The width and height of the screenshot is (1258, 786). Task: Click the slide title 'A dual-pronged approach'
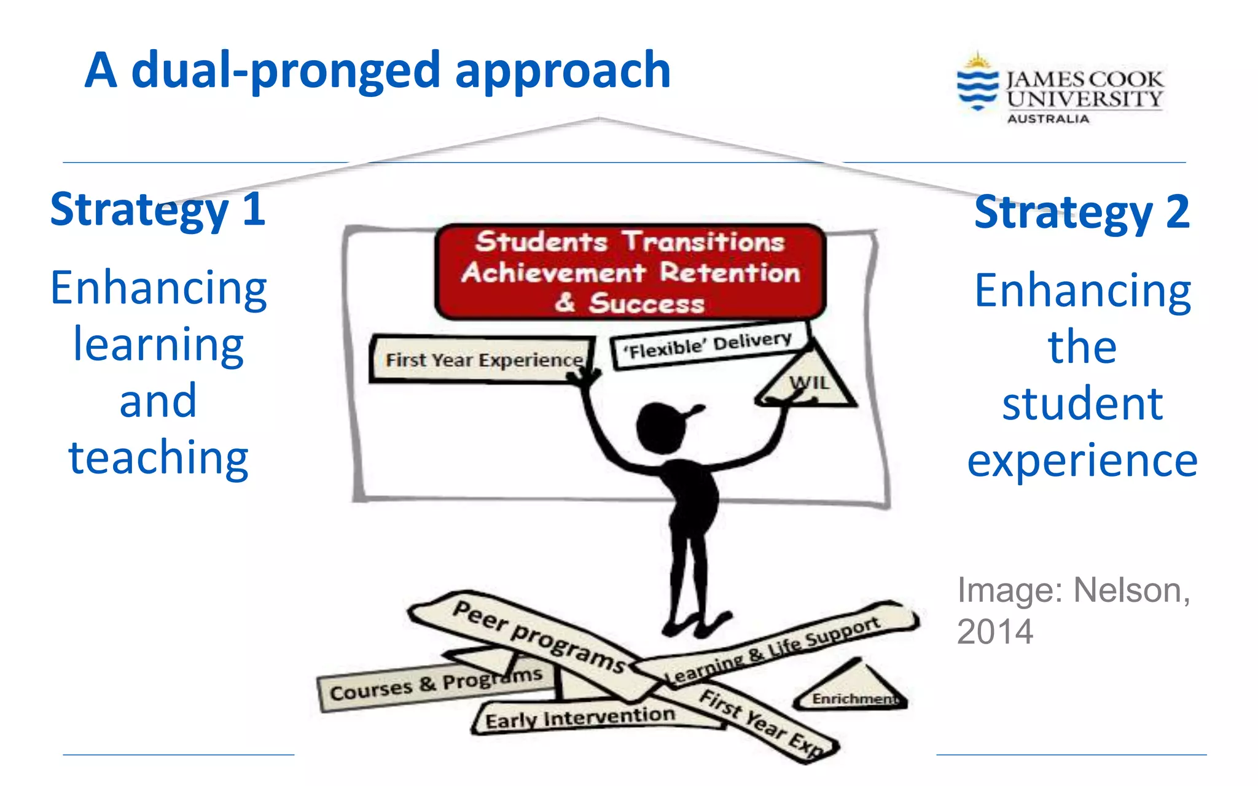tap(377, 71)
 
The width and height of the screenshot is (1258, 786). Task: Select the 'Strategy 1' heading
tap(158, 209)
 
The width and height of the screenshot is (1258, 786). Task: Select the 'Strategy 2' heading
tap(1082, 212)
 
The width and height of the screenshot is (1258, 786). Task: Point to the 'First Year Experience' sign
tap(483, 360)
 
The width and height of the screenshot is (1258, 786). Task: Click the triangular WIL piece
tap(808, 384)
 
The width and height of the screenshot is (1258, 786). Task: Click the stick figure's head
tap(660, 427)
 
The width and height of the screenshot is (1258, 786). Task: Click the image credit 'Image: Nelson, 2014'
tap(1073, 611)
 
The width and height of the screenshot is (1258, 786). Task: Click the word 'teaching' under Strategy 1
tap(158, 458)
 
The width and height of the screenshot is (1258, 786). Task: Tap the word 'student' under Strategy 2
tap(1082, 404)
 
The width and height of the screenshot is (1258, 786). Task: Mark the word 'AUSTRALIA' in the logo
tap(1048, 119)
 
